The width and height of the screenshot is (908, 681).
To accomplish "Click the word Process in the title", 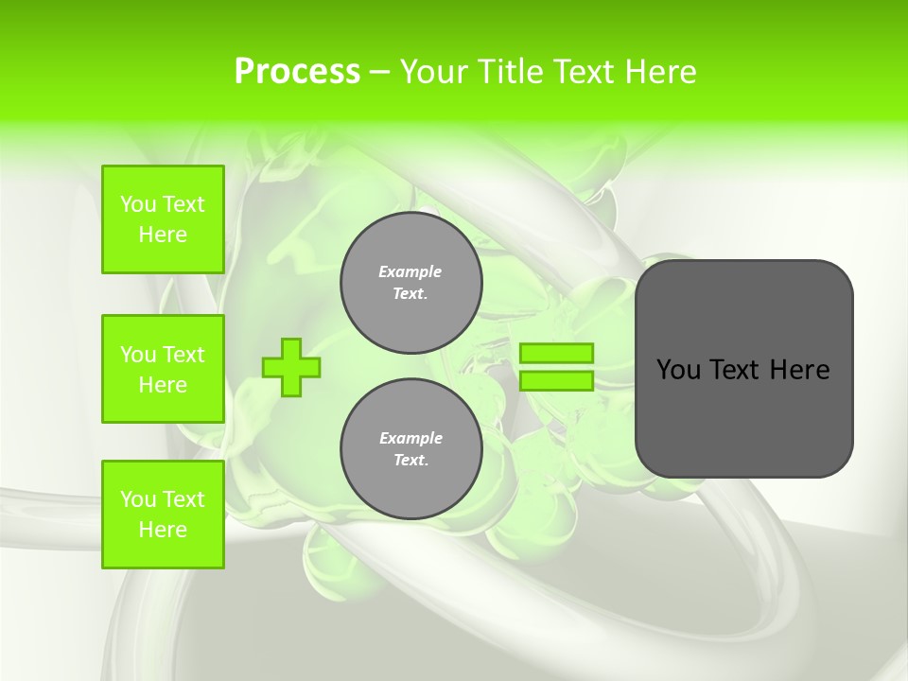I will (x=297, y=72).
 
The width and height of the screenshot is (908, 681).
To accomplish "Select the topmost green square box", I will (x=163, y=219).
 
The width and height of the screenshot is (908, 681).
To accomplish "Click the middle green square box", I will (x=163, y=369).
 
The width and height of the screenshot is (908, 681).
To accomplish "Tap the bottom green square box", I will (x=163, y=515).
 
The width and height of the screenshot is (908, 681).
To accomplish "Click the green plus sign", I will (x=290, y=367).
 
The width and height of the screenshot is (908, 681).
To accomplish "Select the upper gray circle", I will (x=411, y=282).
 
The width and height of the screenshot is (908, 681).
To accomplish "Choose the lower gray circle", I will (x=411, y=448).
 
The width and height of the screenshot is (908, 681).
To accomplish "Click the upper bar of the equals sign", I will (x=556, y=353).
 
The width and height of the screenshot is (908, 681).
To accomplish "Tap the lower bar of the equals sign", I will (x=556, y=381).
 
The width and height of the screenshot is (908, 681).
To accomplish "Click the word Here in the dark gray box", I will (x=799, y=370).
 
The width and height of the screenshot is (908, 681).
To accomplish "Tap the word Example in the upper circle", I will (x=410, y=271).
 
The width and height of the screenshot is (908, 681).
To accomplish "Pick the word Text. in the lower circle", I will (x=410, y=461).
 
